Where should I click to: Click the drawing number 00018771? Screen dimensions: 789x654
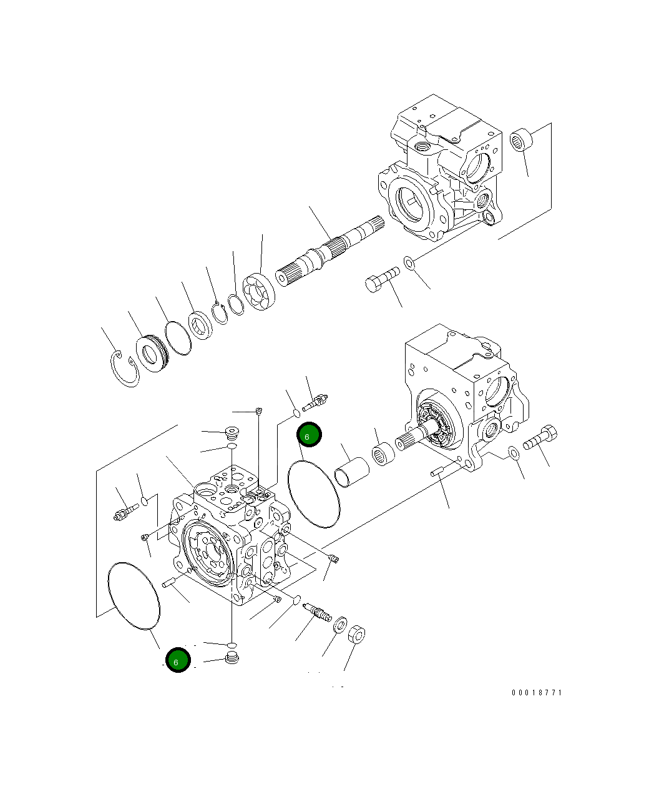(537, 693)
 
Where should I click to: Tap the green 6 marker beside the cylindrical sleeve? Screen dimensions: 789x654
(309, 435)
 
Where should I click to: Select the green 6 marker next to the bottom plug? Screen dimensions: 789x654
(178, 660)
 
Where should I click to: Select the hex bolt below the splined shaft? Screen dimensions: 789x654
(380, 280)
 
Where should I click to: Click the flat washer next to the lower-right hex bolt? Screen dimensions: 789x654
(513, 452)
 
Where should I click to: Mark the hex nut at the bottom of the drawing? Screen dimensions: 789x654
(356, 636)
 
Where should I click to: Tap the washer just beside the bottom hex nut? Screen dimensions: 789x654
(341, 625)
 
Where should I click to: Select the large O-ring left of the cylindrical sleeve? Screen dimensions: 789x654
(313, 494)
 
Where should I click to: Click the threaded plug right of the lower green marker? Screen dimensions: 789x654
(232, 658)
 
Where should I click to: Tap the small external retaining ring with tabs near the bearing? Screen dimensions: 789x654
(219, 312)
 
